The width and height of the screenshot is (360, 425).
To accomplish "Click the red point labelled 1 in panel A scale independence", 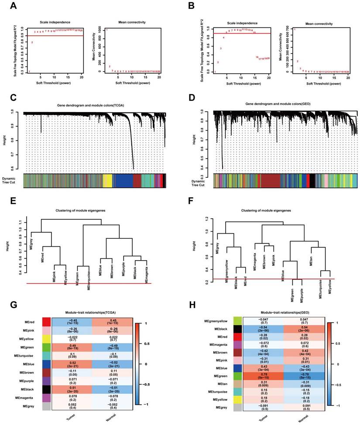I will (x=30, y=71).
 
